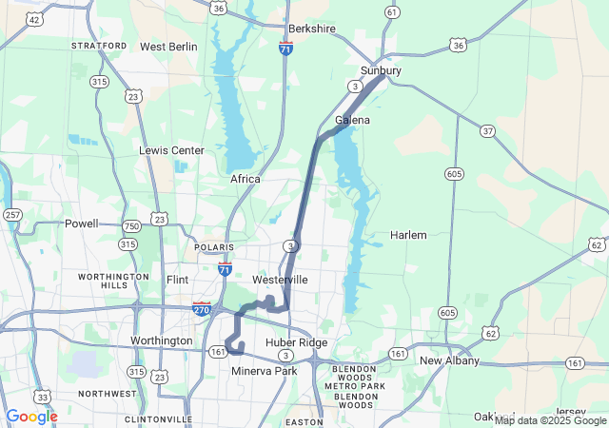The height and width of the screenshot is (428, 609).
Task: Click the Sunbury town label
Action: click(381, 71)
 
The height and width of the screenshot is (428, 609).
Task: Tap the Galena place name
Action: click(352, 121)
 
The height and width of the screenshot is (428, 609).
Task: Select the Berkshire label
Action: click(312, 29)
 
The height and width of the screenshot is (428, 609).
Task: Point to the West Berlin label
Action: click(168, 47)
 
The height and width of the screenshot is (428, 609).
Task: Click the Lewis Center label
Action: click(171, 150)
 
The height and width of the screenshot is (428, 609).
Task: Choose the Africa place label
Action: click(245, 179)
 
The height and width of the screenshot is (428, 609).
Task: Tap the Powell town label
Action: click(81, 224)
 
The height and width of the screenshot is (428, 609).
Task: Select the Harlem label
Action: click(408, 235)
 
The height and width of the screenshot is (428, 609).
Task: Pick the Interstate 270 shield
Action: click(202, 308)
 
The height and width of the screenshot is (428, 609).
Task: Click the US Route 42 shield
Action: click(35, 19)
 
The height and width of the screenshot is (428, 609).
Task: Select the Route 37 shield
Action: click(487, 130)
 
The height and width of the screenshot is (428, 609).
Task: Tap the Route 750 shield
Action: click(131, 225)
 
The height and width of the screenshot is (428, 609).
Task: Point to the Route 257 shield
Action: click(12, 215)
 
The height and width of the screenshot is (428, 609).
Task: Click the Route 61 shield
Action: click(392, 12)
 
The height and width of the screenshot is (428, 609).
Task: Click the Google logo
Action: click(31, 417)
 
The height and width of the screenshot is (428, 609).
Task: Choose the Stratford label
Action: click(99, 46)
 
